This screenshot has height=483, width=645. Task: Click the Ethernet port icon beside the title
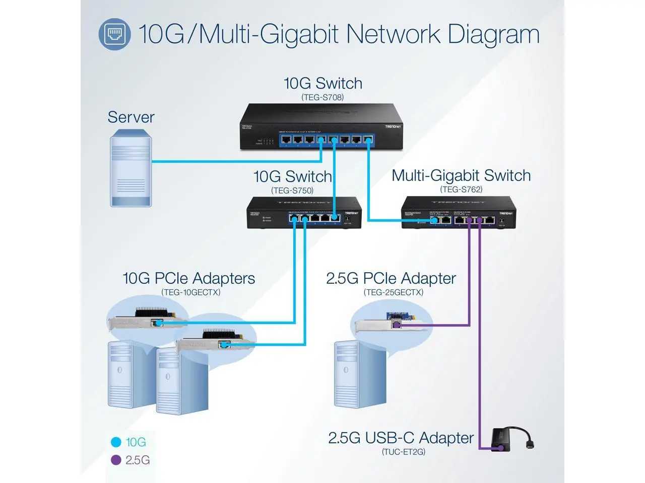point(114,34)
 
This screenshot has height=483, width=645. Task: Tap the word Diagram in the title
point(493,34)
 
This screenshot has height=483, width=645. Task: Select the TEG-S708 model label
point(322,97)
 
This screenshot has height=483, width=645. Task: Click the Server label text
point(131,117)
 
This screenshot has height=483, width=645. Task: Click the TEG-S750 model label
point(292,191)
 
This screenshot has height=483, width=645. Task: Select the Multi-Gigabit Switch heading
point(461,176)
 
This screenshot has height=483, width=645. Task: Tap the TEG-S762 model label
point(461,190)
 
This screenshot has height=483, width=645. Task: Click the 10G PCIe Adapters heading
point(189,278)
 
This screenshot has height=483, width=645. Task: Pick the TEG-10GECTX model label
point(190,292)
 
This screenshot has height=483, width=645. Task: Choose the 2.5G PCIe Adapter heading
point(391,278)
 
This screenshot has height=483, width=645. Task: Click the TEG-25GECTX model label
point(394,292)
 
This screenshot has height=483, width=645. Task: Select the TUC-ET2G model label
point(403,452)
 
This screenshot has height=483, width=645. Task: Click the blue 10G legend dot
point(116,442)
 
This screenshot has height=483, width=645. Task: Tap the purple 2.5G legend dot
point(116,460)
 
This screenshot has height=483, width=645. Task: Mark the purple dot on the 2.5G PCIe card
point(397,325)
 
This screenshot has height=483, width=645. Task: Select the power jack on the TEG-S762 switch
point(501,220)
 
